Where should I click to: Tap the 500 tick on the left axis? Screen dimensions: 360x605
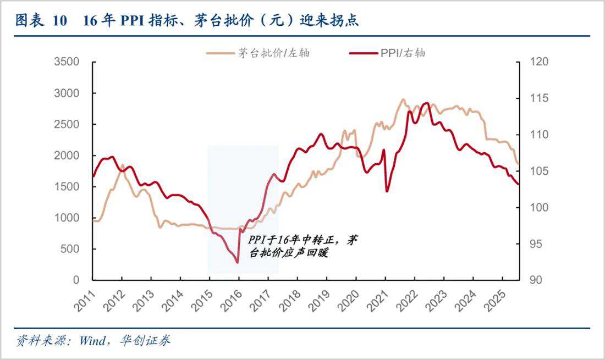pos(71,249)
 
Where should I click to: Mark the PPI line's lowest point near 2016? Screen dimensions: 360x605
pos(238,262)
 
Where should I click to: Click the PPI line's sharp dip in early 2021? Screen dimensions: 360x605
pos(387,191)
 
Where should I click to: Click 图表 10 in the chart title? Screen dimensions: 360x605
pos(41,21)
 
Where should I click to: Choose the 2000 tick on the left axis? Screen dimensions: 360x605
pos(68,156)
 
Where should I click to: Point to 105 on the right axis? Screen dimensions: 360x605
pos(535,171)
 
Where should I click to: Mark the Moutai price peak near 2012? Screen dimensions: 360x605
pos(122,165)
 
